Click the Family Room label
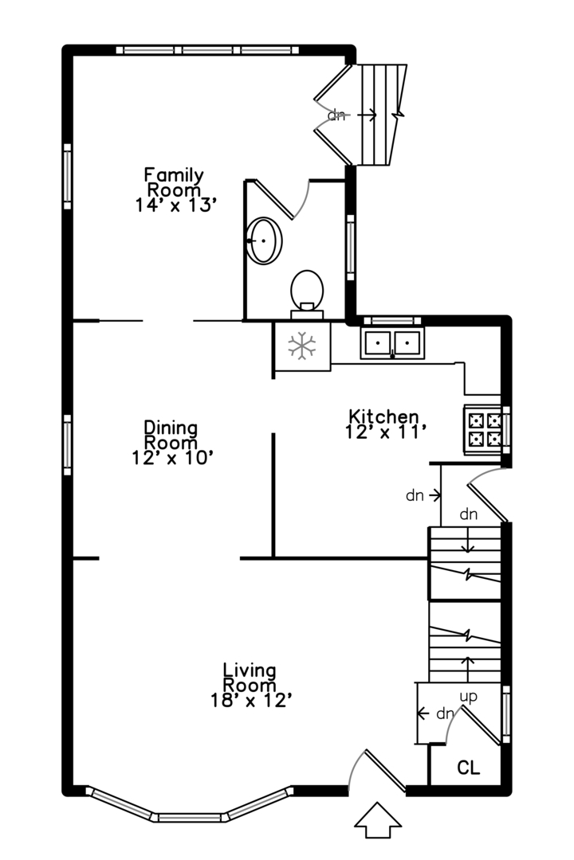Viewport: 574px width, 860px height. pyautogui.click(x=174, y=182)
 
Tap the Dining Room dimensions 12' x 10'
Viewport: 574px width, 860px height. pyautogui.click(x=172, y=457)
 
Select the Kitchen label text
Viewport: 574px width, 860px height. pyautogui.click(x=384, y=416)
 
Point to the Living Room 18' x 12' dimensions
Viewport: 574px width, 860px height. pyautogui.click(x=250, y=701)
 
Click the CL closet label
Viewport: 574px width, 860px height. pyautogui.click(x=469, y=768)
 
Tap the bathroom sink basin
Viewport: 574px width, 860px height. pyautogui.click(x=264, y=240)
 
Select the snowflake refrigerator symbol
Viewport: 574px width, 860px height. pyautogui.click(x=302, y=346)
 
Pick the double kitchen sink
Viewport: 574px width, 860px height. pyautogui.click(x=392, y=342)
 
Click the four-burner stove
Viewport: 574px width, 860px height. pyautogui.click(x=483, y=429)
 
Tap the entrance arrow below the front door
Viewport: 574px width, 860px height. pyautogui.click(x=377, y=820)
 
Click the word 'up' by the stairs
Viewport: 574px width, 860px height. pyautogui.click(x=468, y=697)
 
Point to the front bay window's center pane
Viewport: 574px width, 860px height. pyautogui.click(x=190, y=817)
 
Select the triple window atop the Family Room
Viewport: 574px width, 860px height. pyautogui.click(x=207, y=50)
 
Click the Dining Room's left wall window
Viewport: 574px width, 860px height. pyautogui.click(x=68, y=445)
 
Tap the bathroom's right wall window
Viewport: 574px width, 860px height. pyautogui.click(x=351, y=248)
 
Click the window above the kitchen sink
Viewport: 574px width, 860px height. pyautogui.click(x=392, y=320)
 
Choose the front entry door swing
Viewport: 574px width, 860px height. pyautogui.click(x=377, y=771)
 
